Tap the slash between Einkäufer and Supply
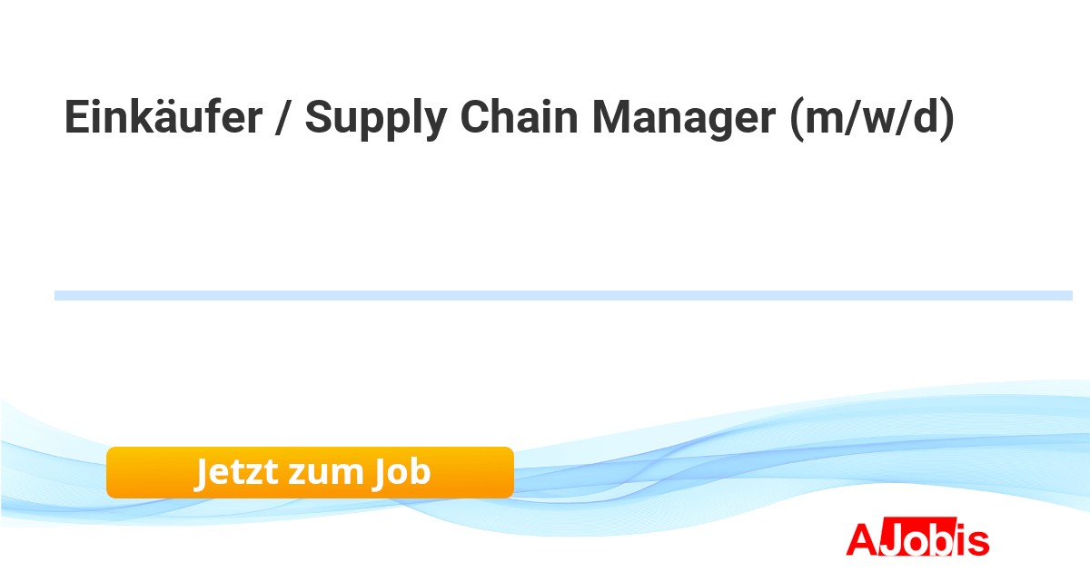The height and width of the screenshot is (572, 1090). tap(283, 119)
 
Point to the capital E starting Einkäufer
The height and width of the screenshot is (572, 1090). tap(75, 119)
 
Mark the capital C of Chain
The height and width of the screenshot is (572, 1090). tap(476, 119)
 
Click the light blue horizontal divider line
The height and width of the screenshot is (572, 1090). tap(563, 295)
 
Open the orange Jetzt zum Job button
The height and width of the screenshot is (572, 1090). tap(310, 472)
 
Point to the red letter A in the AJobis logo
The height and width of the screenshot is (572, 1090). tap(861, 539)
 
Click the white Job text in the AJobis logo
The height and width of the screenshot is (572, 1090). tap(914, 539)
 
